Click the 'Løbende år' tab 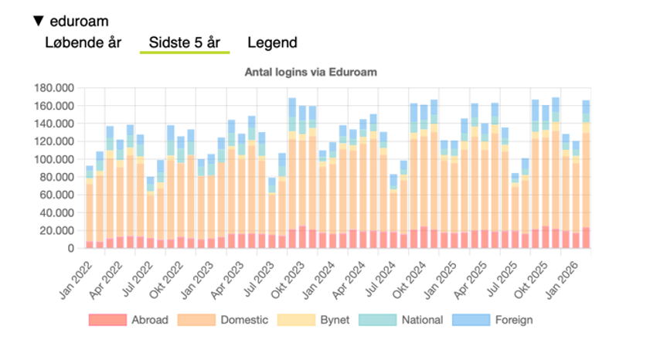click(83, 42)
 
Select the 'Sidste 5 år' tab click(184, 42)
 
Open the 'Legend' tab click(272, 42)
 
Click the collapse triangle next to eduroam click(38, 21)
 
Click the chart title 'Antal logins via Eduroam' click(310, 73)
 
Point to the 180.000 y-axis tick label click(53, 88)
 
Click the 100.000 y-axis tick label click(53, 159)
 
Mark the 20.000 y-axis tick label click(56, 230)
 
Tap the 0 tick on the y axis click(70, 248)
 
